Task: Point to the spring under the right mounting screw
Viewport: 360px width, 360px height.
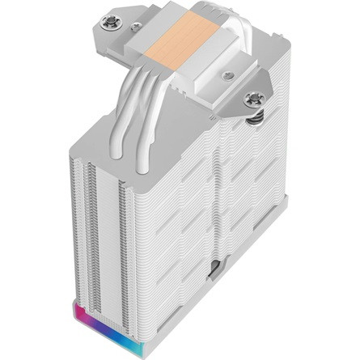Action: [x=256, y=118]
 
